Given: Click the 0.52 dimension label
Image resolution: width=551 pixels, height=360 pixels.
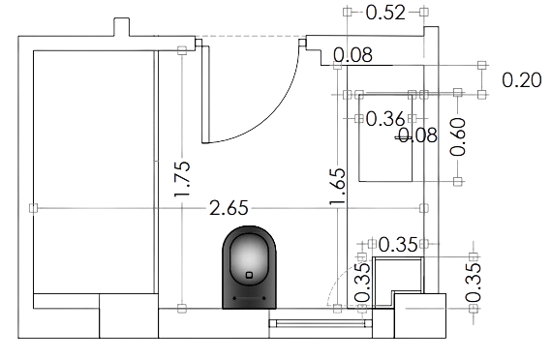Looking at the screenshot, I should pos(386,13).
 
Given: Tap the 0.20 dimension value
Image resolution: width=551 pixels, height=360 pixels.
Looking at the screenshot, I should pos(521,79).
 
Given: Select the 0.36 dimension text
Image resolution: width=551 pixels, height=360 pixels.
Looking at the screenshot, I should pos(386,119).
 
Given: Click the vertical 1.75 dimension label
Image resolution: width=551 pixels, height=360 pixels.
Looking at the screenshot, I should pos(182,174).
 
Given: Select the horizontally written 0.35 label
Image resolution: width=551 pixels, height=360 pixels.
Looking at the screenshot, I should pos(398,243).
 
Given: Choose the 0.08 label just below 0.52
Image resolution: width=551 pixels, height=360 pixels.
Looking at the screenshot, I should pos(352,55).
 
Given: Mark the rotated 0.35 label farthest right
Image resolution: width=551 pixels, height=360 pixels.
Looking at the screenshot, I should pos(474,281).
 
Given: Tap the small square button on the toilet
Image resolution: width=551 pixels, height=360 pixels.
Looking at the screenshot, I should pos(250,274).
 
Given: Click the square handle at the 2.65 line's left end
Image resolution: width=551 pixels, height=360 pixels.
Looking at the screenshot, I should pos(33,207).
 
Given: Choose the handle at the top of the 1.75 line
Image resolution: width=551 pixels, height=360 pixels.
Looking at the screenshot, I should pos(182,49).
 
